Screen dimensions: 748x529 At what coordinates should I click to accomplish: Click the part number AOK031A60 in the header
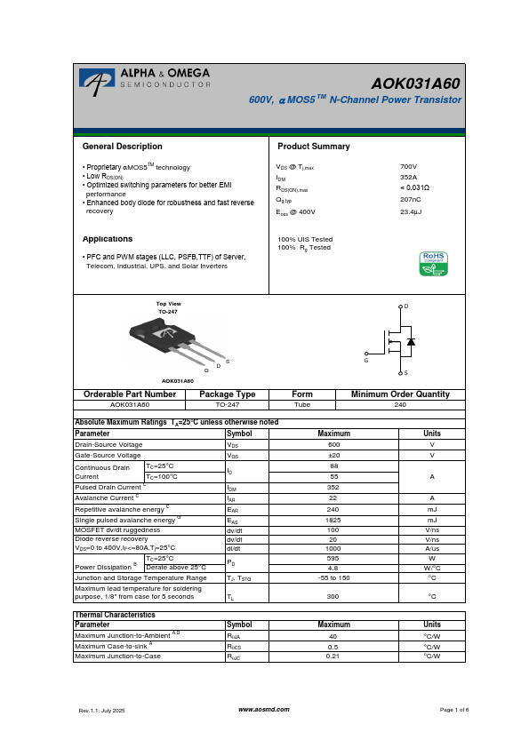(416, 84)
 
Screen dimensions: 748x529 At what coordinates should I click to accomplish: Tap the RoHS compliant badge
(433, 264)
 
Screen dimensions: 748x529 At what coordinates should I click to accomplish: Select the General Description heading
(122, 147)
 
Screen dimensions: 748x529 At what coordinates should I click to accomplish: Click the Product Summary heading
(314, 147)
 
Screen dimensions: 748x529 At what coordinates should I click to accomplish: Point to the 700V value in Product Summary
(408, 166)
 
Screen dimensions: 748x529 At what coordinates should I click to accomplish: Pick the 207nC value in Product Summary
(410, 201)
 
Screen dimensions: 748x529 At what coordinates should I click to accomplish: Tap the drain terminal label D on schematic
(405, 306)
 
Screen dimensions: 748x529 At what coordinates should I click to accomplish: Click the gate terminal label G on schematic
(365, 361)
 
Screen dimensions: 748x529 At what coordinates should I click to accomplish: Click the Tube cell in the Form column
(302, 403)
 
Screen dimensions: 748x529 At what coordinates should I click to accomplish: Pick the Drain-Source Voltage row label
(108, 444)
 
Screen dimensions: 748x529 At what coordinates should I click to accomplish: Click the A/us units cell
(432, 549)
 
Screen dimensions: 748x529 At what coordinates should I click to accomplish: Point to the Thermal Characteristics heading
(115, 615)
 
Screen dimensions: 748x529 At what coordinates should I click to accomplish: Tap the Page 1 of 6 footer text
(454, 710)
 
